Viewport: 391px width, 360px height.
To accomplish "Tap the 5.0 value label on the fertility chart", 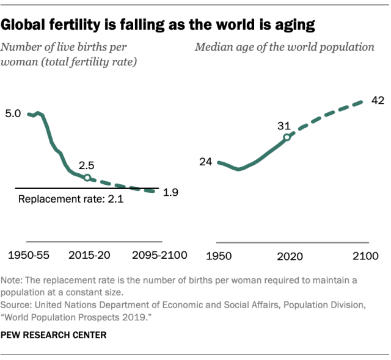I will click(x=13, y=113).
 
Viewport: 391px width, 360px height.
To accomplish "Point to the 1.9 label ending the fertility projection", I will click(x=170, y=192).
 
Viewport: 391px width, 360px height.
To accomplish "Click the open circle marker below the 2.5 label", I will click(x=87, y=178).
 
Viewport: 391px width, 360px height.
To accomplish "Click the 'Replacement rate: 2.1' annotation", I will click(x=71, y=199).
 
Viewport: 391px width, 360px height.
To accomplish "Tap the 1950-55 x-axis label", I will click(x=29, y=254).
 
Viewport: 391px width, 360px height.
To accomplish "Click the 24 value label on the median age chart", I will click(x=205, y=162).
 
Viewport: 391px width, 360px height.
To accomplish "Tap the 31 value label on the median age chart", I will click(x=284, y=126).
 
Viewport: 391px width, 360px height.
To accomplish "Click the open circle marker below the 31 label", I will click(x=287, y=137).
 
